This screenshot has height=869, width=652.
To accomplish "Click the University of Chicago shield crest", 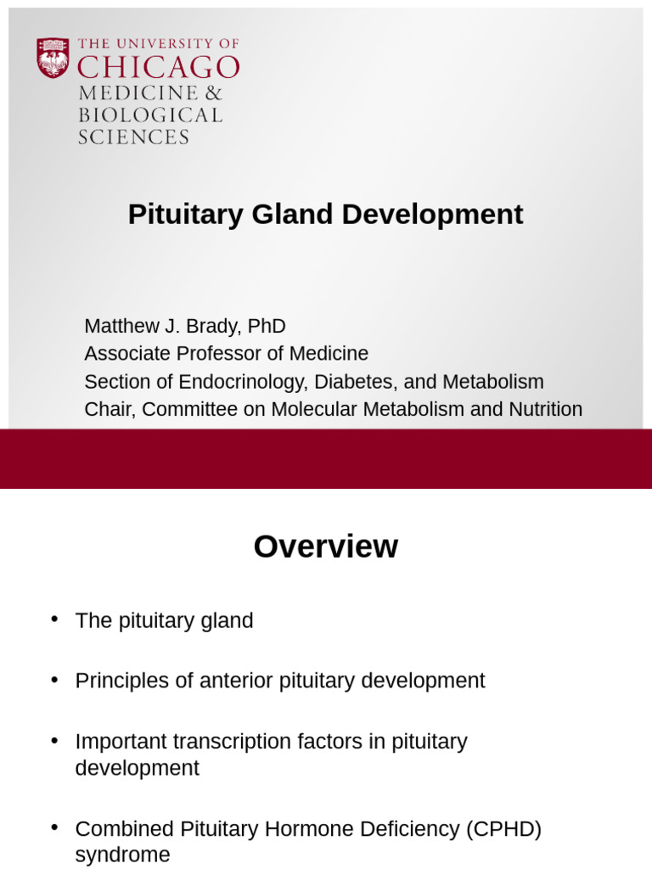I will coord(53,58).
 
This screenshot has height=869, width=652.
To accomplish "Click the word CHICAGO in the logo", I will coord(158,68).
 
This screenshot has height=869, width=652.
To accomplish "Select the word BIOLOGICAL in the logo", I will coord(149,115).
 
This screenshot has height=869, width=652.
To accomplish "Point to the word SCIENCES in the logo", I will coord(133,137).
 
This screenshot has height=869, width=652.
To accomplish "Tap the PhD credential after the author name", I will coord(267,326).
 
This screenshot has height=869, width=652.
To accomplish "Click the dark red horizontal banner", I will coord(326,458).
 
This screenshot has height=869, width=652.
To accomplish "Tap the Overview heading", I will coord(325,547).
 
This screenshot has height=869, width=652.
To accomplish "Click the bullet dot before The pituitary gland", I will coord(55,619).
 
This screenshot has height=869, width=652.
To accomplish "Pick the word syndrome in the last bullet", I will coord(122,855).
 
